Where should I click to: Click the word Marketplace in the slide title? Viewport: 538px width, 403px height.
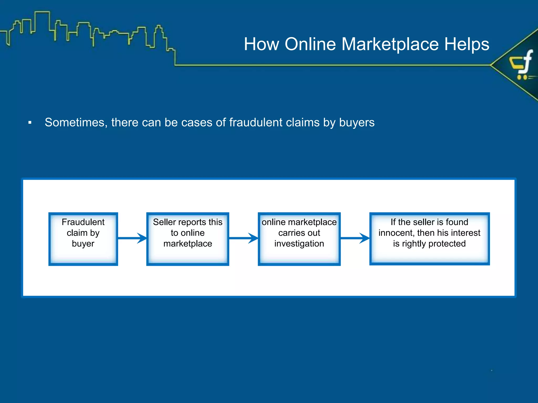(x=390, y=44)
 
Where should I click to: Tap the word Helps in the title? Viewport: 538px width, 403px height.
(x=467, y=44)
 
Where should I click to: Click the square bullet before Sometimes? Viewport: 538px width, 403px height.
(x=30, y=123)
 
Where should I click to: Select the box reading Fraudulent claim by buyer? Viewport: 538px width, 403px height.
(x=83, y=239)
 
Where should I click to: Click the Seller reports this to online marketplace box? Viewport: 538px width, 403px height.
(x=188, y=239)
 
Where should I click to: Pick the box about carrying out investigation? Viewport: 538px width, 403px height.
(x=299, y=239)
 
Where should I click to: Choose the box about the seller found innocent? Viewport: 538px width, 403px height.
(x=429, y=239)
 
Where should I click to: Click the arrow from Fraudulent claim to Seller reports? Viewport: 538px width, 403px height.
(x=132, y=238)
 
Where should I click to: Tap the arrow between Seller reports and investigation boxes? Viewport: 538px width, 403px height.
(x=244, y=238)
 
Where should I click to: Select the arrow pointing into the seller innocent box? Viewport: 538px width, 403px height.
(x=355, y=238)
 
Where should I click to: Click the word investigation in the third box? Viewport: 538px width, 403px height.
(x=299, y=244)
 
